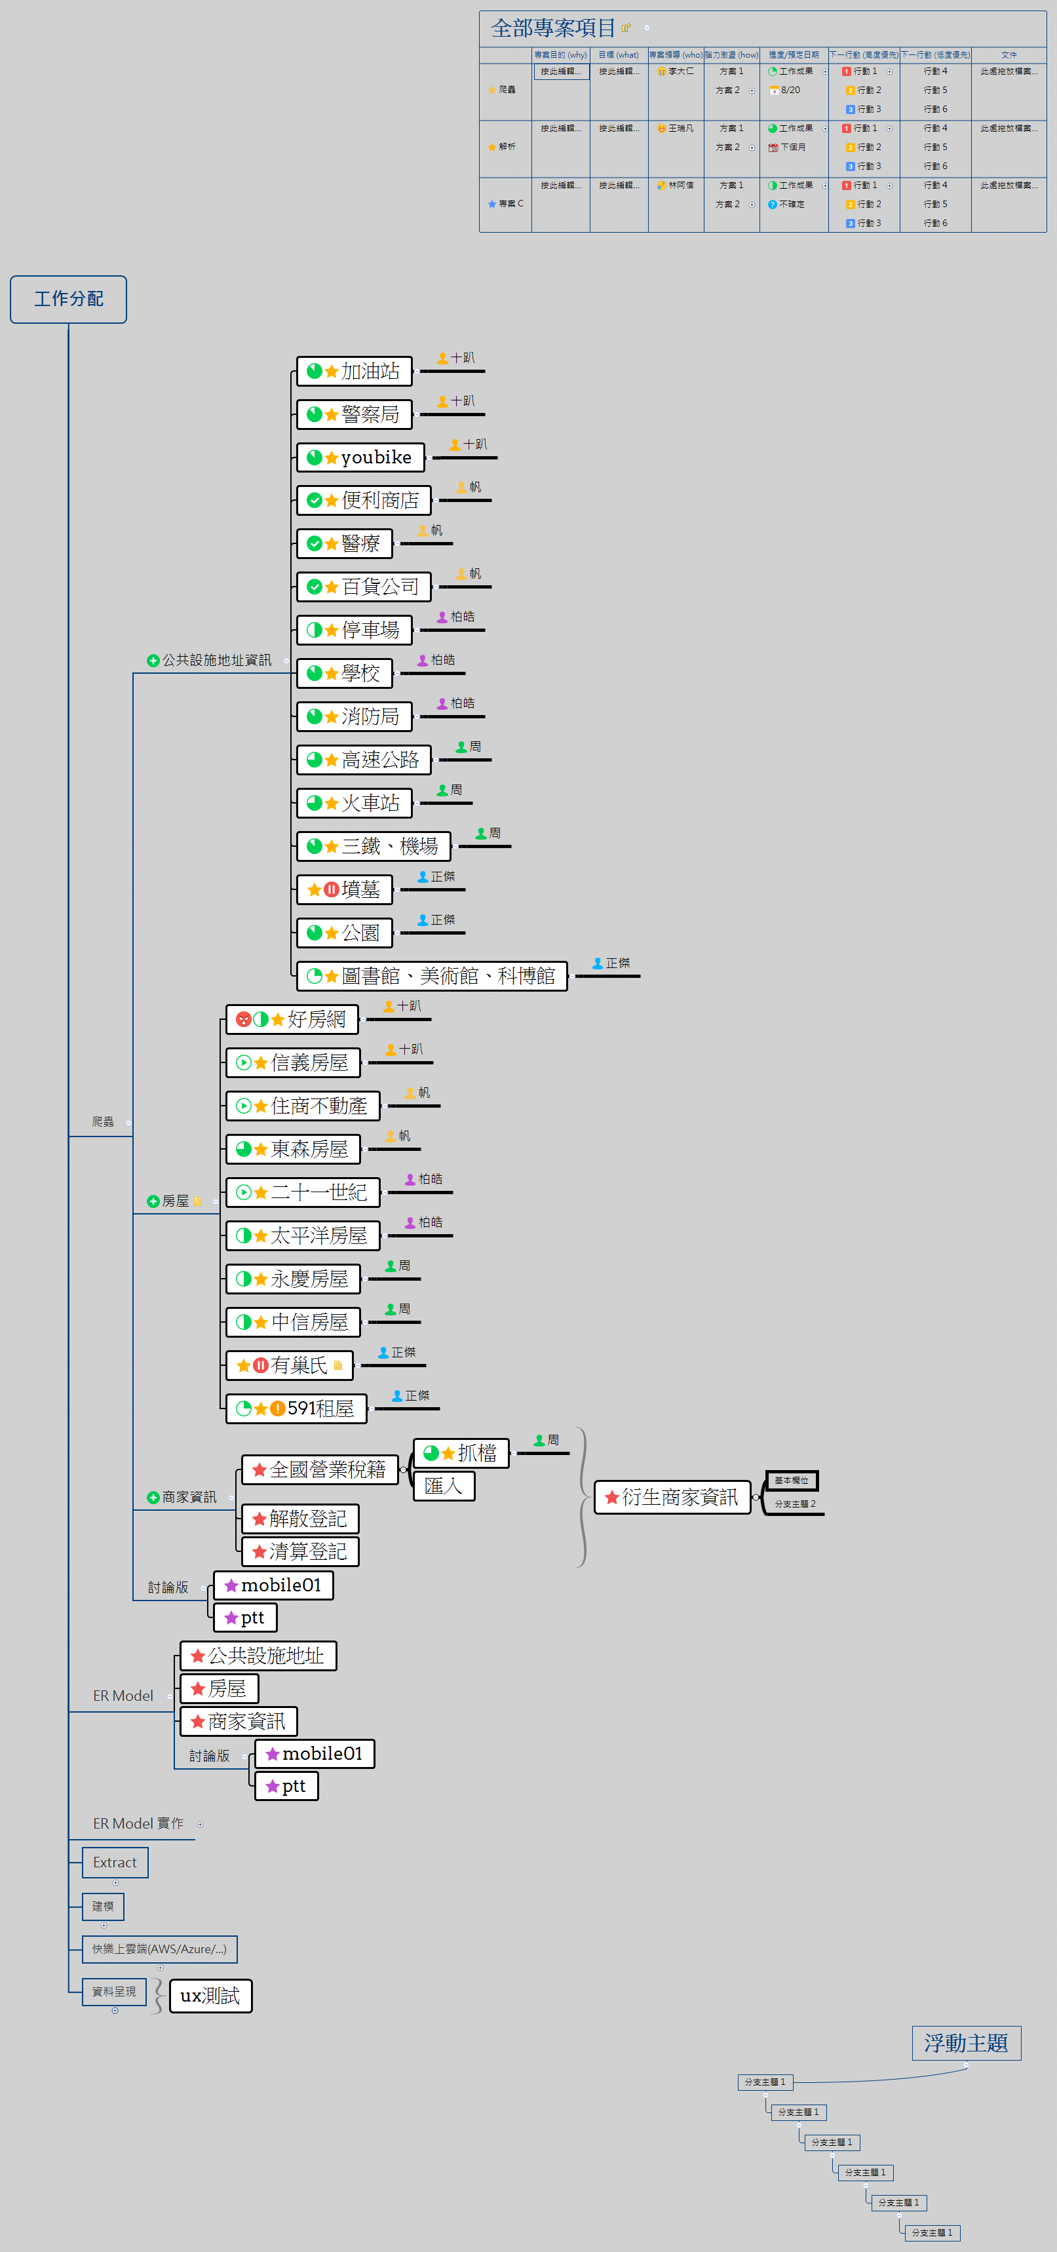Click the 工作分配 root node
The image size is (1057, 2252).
[x=68, y=299]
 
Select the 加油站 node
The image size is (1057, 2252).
[x=354, y=372]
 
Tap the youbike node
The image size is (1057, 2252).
[x=360, y=457]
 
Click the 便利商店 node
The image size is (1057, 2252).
[x=364, y=500]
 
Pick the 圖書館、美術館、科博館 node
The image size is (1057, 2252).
[x=432, y=976]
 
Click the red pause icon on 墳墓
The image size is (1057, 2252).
[x=332, y=889]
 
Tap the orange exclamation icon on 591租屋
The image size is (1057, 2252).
[x=277, y=1408]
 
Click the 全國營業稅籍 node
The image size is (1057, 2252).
[x=319, y=1469]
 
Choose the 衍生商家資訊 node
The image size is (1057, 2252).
[x=672, y=1498]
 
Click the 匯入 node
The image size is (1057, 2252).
[x=443, y=1486]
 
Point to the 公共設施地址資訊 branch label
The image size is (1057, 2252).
[x=216, y=660]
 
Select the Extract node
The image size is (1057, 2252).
[x=115, y=1862]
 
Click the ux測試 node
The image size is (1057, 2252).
[x=210, y=1996]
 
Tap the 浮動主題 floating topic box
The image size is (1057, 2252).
[x=966, y=2043]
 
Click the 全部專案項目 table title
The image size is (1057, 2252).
[x=554, y=28]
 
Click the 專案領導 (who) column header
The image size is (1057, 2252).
[x=675, y=55]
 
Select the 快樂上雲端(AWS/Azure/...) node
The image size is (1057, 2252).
[x=159, y=1949]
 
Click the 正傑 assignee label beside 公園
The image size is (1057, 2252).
[x=442, y=920]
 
